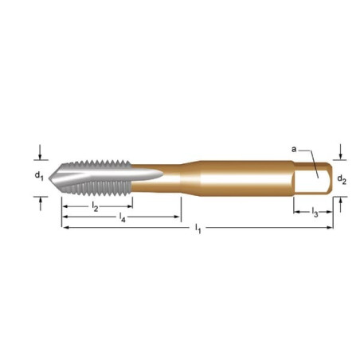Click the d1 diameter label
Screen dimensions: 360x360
tap(39, 176)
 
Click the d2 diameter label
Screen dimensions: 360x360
tap(342, 180)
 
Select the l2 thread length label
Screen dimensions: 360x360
tap(95, 206)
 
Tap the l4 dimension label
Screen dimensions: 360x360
tap(122, 217)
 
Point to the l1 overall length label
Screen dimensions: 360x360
tap(198, 229)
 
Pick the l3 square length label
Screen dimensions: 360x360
tap(315, 213)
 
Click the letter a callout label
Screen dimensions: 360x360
tap(294, 150)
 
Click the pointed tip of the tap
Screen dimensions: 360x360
tap(51, 178)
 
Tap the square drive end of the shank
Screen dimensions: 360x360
tap(313, 178)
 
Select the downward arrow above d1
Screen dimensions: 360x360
tap(40, 152)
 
